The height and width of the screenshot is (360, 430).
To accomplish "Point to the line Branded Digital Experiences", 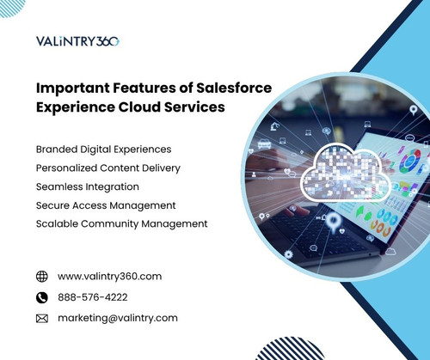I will pyautogui.click(x=103, y=149).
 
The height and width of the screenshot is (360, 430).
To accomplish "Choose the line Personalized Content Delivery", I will pyautogui.click(x=107, y=168).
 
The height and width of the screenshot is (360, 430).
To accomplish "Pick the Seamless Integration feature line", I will pyautogui.click(x=87, y=186).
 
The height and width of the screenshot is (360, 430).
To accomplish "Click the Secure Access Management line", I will pyautogui.click(x=106, y=205).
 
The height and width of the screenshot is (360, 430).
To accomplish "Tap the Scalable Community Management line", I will pyautogui.click(x=121, y=223).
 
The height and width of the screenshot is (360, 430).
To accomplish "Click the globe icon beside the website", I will pyautogui.click(x=41, y=277).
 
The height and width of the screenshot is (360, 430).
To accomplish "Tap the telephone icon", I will pyautogui.click(x=41, y=297).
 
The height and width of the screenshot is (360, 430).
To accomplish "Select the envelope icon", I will pyautogui.click(x=41, y=318).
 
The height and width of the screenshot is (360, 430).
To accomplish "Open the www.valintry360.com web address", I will pyautogui.click(x=109, y=277).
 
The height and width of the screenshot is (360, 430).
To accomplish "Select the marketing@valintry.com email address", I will pyautogui.click(x=118, y=318).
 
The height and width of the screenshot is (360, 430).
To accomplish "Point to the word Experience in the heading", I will pyautogui.click(x=74, y=108).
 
